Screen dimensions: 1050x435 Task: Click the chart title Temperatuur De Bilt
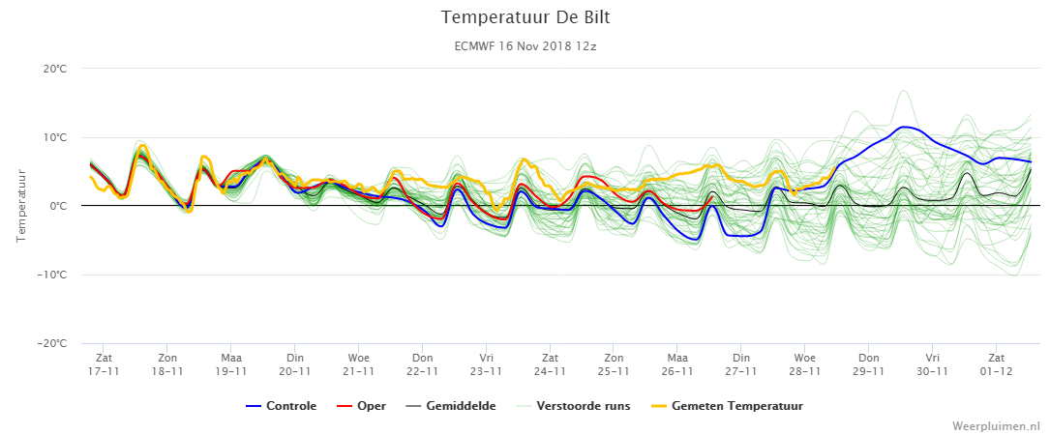525,17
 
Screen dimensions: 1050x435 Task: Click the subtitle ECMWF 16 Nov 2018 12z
525,46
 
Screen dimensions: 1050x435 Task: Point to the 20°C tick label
55,69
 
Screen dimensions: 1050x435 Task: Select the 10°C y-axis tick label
55,138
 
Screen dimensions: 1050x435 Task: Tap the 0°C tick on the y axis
58,206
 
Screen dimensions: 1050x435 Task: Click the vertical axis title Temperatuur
20,206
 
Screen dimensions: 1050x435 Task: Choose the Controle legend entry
282,406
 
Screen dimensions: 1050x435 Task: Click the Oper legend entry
362,406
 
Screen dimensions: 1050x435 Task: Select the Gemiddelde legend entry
451,406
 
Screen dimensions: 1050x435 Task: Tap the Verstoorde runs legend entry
573,406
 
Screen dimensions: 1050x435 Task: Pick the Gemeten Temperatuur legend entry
727,406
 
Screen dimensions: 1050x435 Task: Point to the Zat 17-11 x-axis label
104,364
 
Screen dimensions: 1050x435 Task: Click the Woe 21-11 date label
358,364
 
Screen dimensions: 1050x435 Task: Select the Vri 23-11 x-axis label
486,364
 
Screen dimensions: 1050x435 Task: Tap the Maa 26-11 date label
677,364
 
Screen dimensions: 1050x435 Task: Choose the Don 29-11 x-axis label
868,364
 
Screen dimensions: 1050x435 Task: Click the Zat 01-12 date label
996,364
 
